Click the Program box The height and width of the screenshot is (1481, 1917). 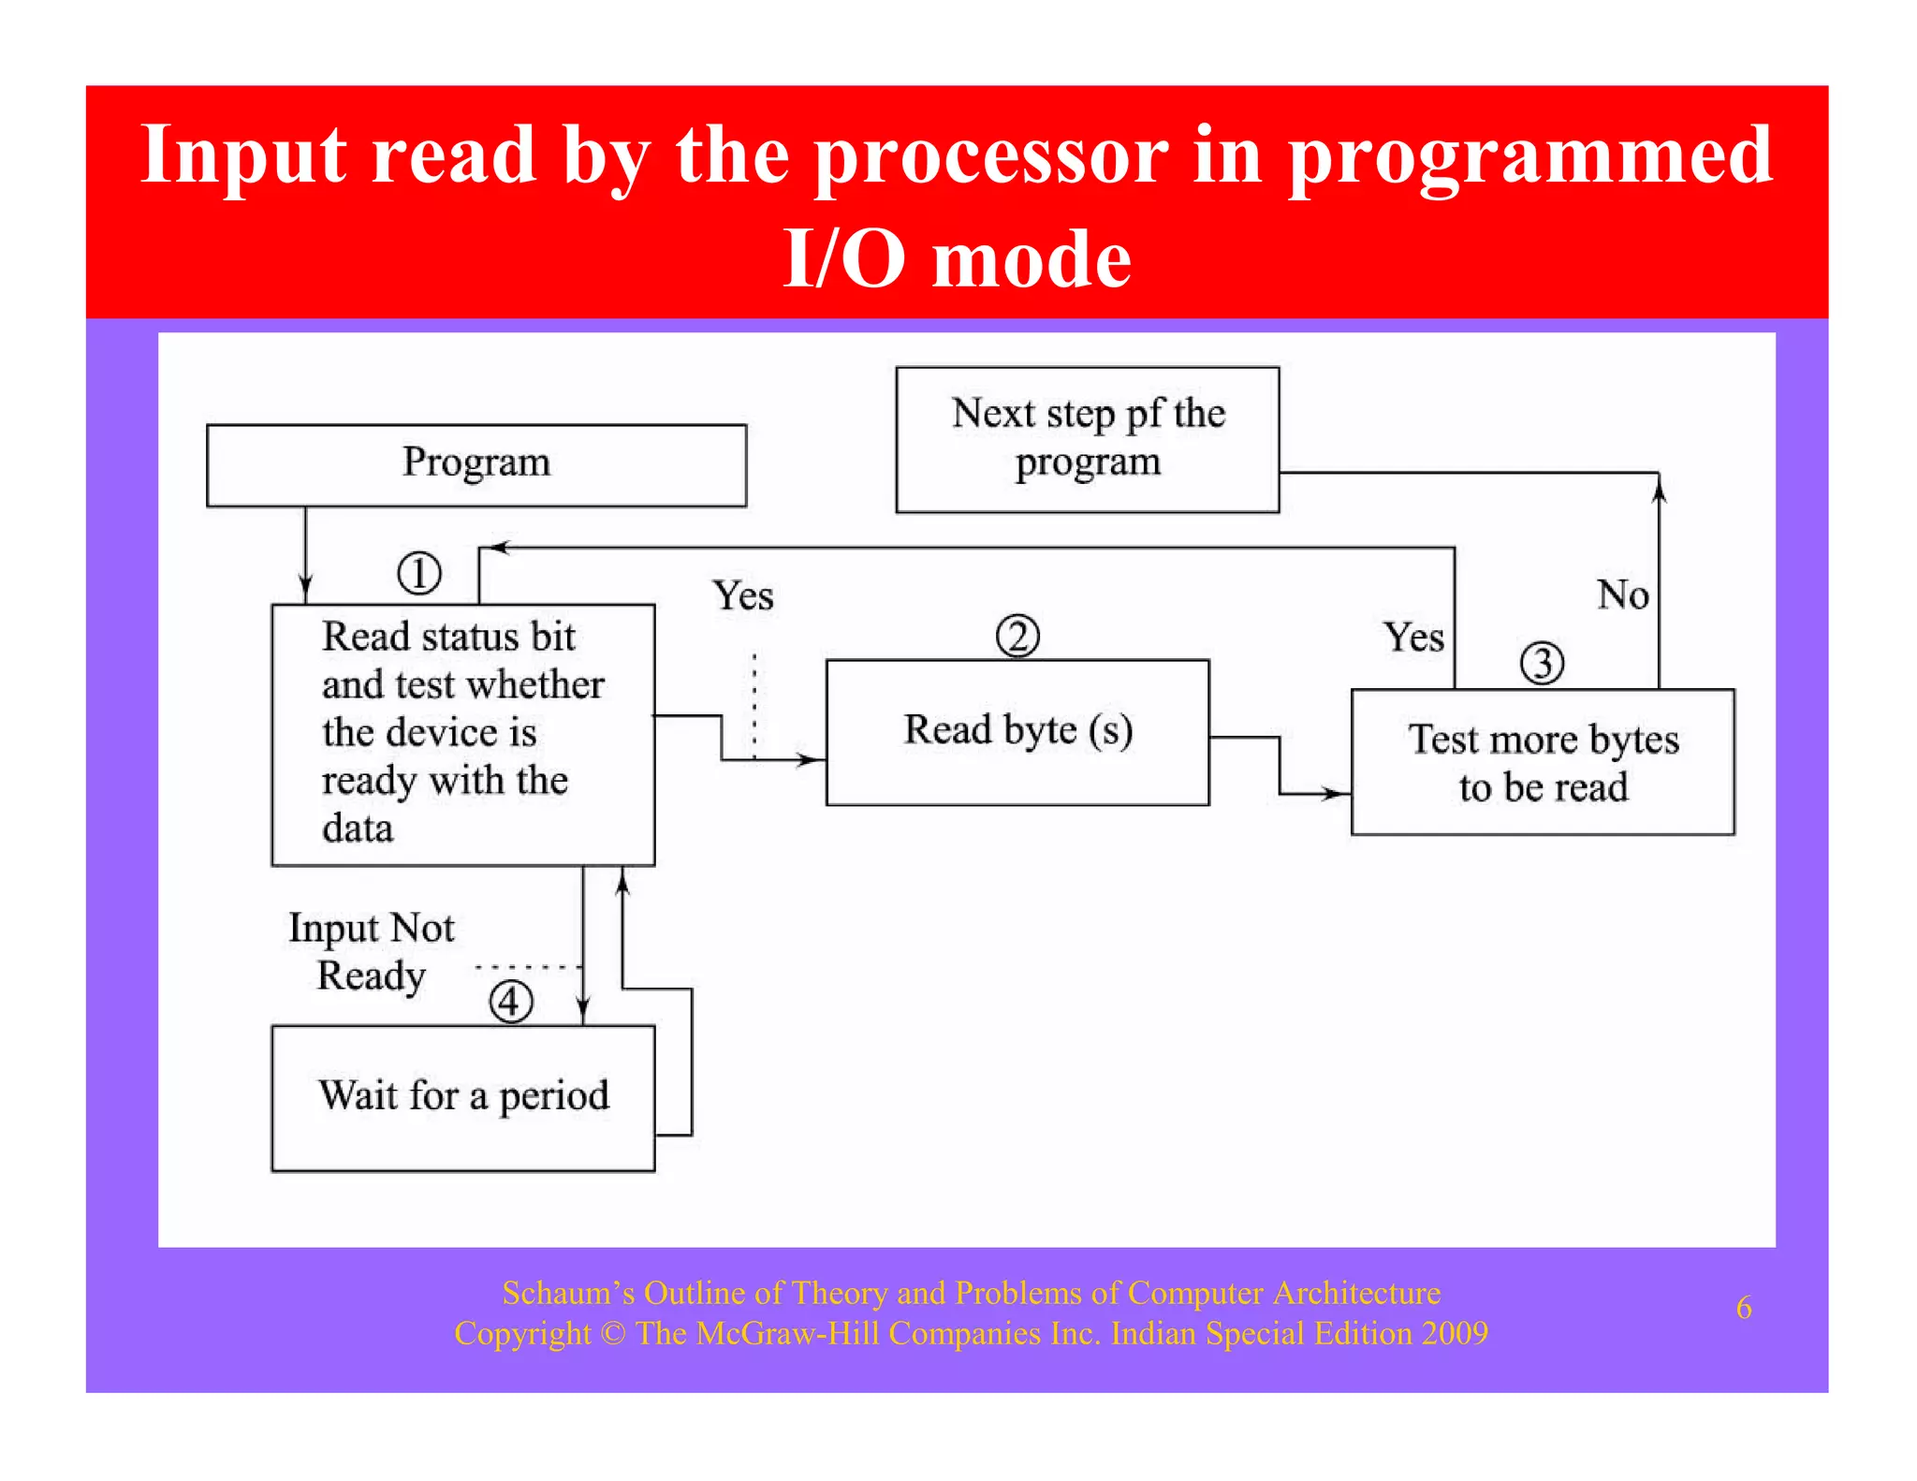coord(476,465)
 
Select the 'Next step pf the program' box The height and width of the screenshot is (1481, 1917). coord(1087,439)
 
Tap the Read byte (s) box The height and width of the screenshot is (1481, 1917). coord(1017,732)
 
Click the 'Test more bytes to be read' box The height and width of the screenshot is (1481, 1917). coord(1543,762)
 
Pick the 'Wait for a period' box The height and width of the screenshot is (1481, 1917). coord(462,1097)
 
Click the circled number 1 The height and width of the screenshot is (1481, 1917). coord(418,573)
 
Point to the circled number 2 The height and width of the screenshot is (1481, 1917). coord(1017,637)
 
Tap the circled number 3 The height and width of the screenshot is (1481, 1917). coord(1542,663)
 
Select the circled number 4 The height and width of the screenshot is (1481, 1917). coord(510,1002)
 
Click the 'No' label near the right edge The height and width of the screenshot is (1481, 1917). coord(1622,595)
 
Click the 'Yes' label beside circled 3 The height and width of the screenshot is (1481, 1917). coord(1413,638)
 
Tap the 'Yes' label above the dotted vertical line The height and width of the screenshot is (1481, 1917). coord(742,596)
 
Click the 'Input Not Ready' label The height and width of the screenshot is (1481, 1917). coord(372,951)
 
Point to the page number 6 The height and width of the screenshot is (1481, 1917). coord(1743,1308)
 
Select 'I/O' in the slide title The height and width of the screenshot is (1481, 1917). coord(843,258)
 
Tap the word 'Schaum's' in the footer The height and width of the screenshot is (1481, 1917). coord(567,1294)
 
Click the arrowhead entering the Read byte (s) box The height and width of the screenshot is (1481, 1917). coord(811,759)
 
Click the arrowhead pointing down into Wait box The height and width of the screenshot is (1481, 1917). coord(582,1011)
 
